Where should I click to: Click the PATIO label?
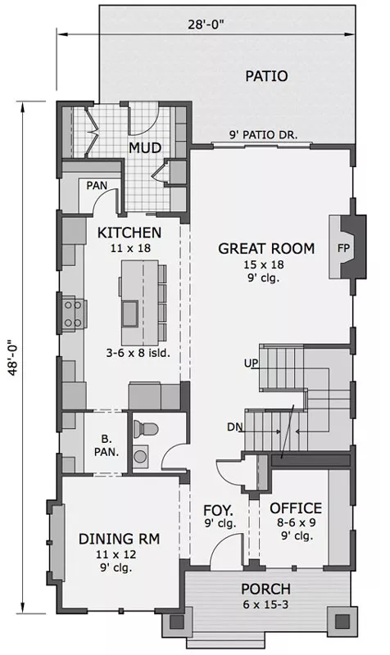[x=266, y=76]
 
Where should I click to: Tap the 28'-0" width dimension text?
[x=206, y=25]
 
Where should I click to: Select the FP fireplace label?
[x=343, y=248]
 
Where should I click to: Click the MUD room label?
[x=145, y=148]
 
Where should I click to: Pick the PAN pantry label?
[x=97, y=185]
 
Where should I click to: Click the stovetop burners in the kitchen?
[x=73, y=314]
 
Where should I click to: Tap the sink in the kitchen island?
[x=130, y=314]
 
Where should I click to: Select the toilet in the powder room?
[x=145, y=428]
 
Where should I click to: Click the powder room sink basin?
[x=141, y=455]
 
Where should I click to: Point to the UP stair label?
[x=252, y=363]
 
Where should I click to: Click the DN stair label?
[x=234, y=427]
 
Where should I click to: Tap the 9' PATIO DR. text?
[x=263, y=135]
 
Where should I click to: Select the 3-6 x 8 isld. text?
[x=138, y=353]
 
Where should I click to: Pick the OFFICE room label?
[x=296, y=508]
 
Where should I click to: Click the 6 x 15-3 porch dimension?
[x=265, y=604]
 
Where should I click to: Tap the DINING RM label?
[x=119, y=539]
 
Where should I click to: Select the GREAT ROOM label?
[x=266, y=249]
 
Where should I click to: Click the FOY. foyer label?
[x=218, y=510]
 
